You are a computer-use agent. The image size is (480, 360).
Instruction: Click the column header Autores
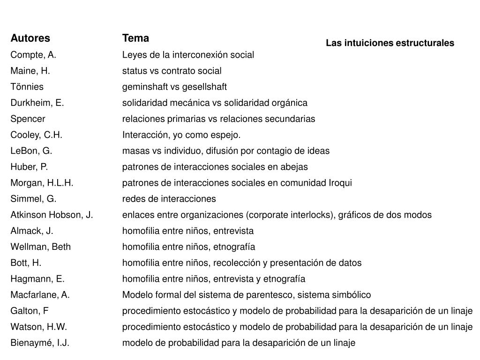click(x=30, y=38)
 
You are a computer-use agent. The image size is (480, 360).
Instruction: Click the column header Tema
click(x=135, y=37)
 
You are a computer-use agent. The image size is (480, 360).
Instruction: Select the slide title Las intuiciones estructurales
click(x=390, y=43)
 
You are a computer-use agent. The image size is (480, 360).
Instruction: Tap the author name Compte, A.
click(x=33, y=55)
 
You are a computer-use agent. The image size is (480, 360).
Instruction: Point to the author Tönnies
click(x=27, y=87)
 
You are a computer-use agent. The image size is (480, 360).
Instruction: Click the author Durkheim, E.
click(x=37, y=103)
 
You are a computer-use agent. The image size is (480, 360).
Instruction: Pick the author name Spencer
click(x=28, y=119)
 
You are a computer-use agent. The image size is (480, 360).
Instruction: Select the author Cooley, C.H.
click(x=37, y=135)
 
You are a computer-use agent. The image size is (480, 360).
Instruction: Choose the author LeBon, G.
click(x=31, y=151)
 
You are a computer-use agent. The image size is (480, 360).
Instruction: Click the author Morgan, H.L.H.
click(x=42, y=183)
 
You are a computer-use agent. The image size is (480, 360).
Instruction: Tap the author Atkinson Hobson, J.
click(x=52, y=215)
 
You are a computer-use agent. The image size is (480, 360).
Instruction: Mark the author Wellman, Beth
click(x=41, y=247)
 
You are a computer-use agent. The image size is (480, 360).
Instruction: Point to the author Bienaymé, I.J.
click(x=40, y=343)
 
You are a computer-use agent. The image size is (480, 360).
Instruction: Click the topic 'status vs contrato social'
click(x=172, y=71)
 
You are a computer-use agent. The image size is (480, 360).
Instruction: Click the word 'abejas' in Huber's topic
click(x=295, y=167)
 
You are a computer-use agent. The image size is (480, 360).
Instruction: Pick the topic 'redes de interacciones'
click(x=169, y=199)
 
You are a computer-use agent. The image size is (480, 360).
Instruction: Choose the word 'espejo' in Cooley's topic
click(x=227, y=135)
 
